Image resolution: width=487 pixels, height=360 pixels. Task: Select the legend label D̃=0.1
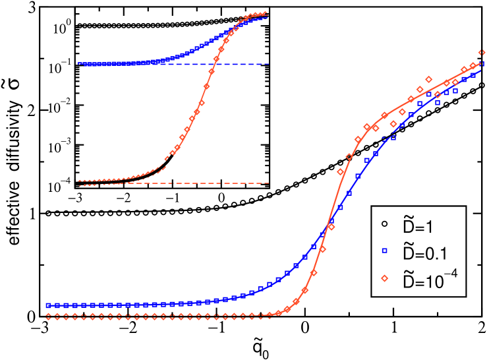(x=422, y=253)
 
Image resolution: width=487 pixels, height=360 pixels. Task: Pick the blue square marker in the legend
(x=385, y=251)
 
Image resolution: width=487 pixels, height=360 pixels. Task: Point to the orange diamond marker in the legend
(x=385, y=278)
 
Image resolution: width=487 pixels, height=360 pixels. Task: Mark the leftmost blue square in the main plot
(x=48, y=306)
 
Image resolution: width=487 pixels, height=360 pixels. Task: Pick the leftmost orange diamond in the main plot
(x=48, y=316)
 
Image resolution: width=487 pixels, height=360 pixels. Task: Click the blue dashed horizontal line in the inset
(x=250, y=64)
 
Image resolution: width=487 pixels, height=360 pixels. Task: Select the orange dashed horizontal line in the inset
(x=250, y=183)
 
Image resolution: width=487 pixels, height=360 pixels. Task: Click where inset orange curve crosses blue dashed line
(x=215, y=64)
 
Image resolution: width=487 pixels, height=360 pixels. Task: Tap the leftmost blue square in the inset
(x=81, y=64)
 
